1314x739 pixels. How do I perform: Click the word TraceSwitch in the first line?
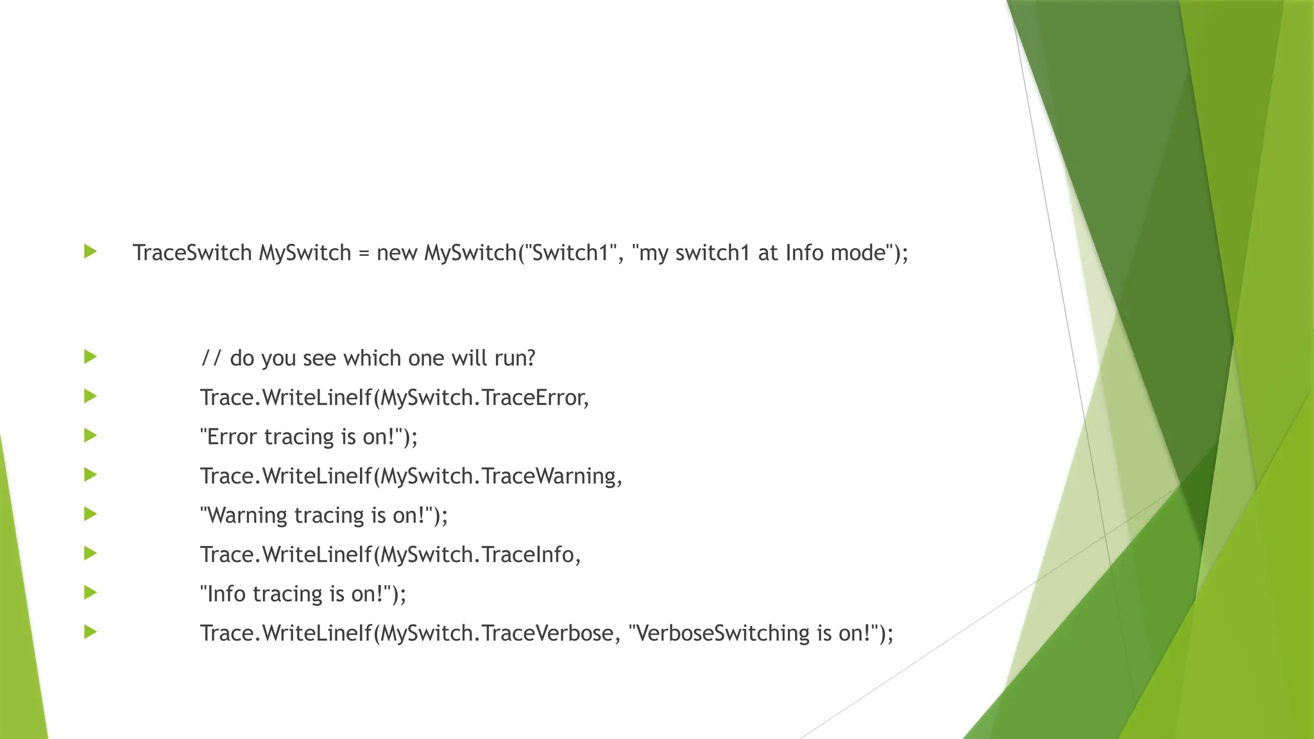[192, 253]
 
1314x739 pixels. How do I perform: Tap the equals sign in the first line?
[364, 253]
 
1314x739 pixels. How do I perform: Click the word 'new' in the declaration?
[397, 253]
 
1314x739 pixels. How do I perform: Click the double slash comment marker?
[211, 358]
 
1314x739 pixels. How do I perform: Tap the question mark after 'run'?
[530, 358]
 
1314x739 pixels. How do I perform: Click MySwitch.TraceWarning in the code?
[499, 476]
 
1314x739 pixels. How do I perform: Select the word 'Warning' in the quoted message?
[247, 515]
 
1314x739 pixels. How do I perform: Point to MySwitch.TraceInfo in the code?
[478, 554]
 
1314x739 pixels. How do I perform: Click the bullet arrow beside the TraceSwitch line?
[90, 251]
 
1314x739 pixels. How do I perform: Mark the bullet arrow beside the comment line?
[90, 357]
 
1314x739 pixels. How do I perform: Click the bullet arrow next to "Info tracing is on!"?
[90, 592]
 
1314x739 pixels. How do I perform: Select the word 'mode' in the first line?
[858, 253]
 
